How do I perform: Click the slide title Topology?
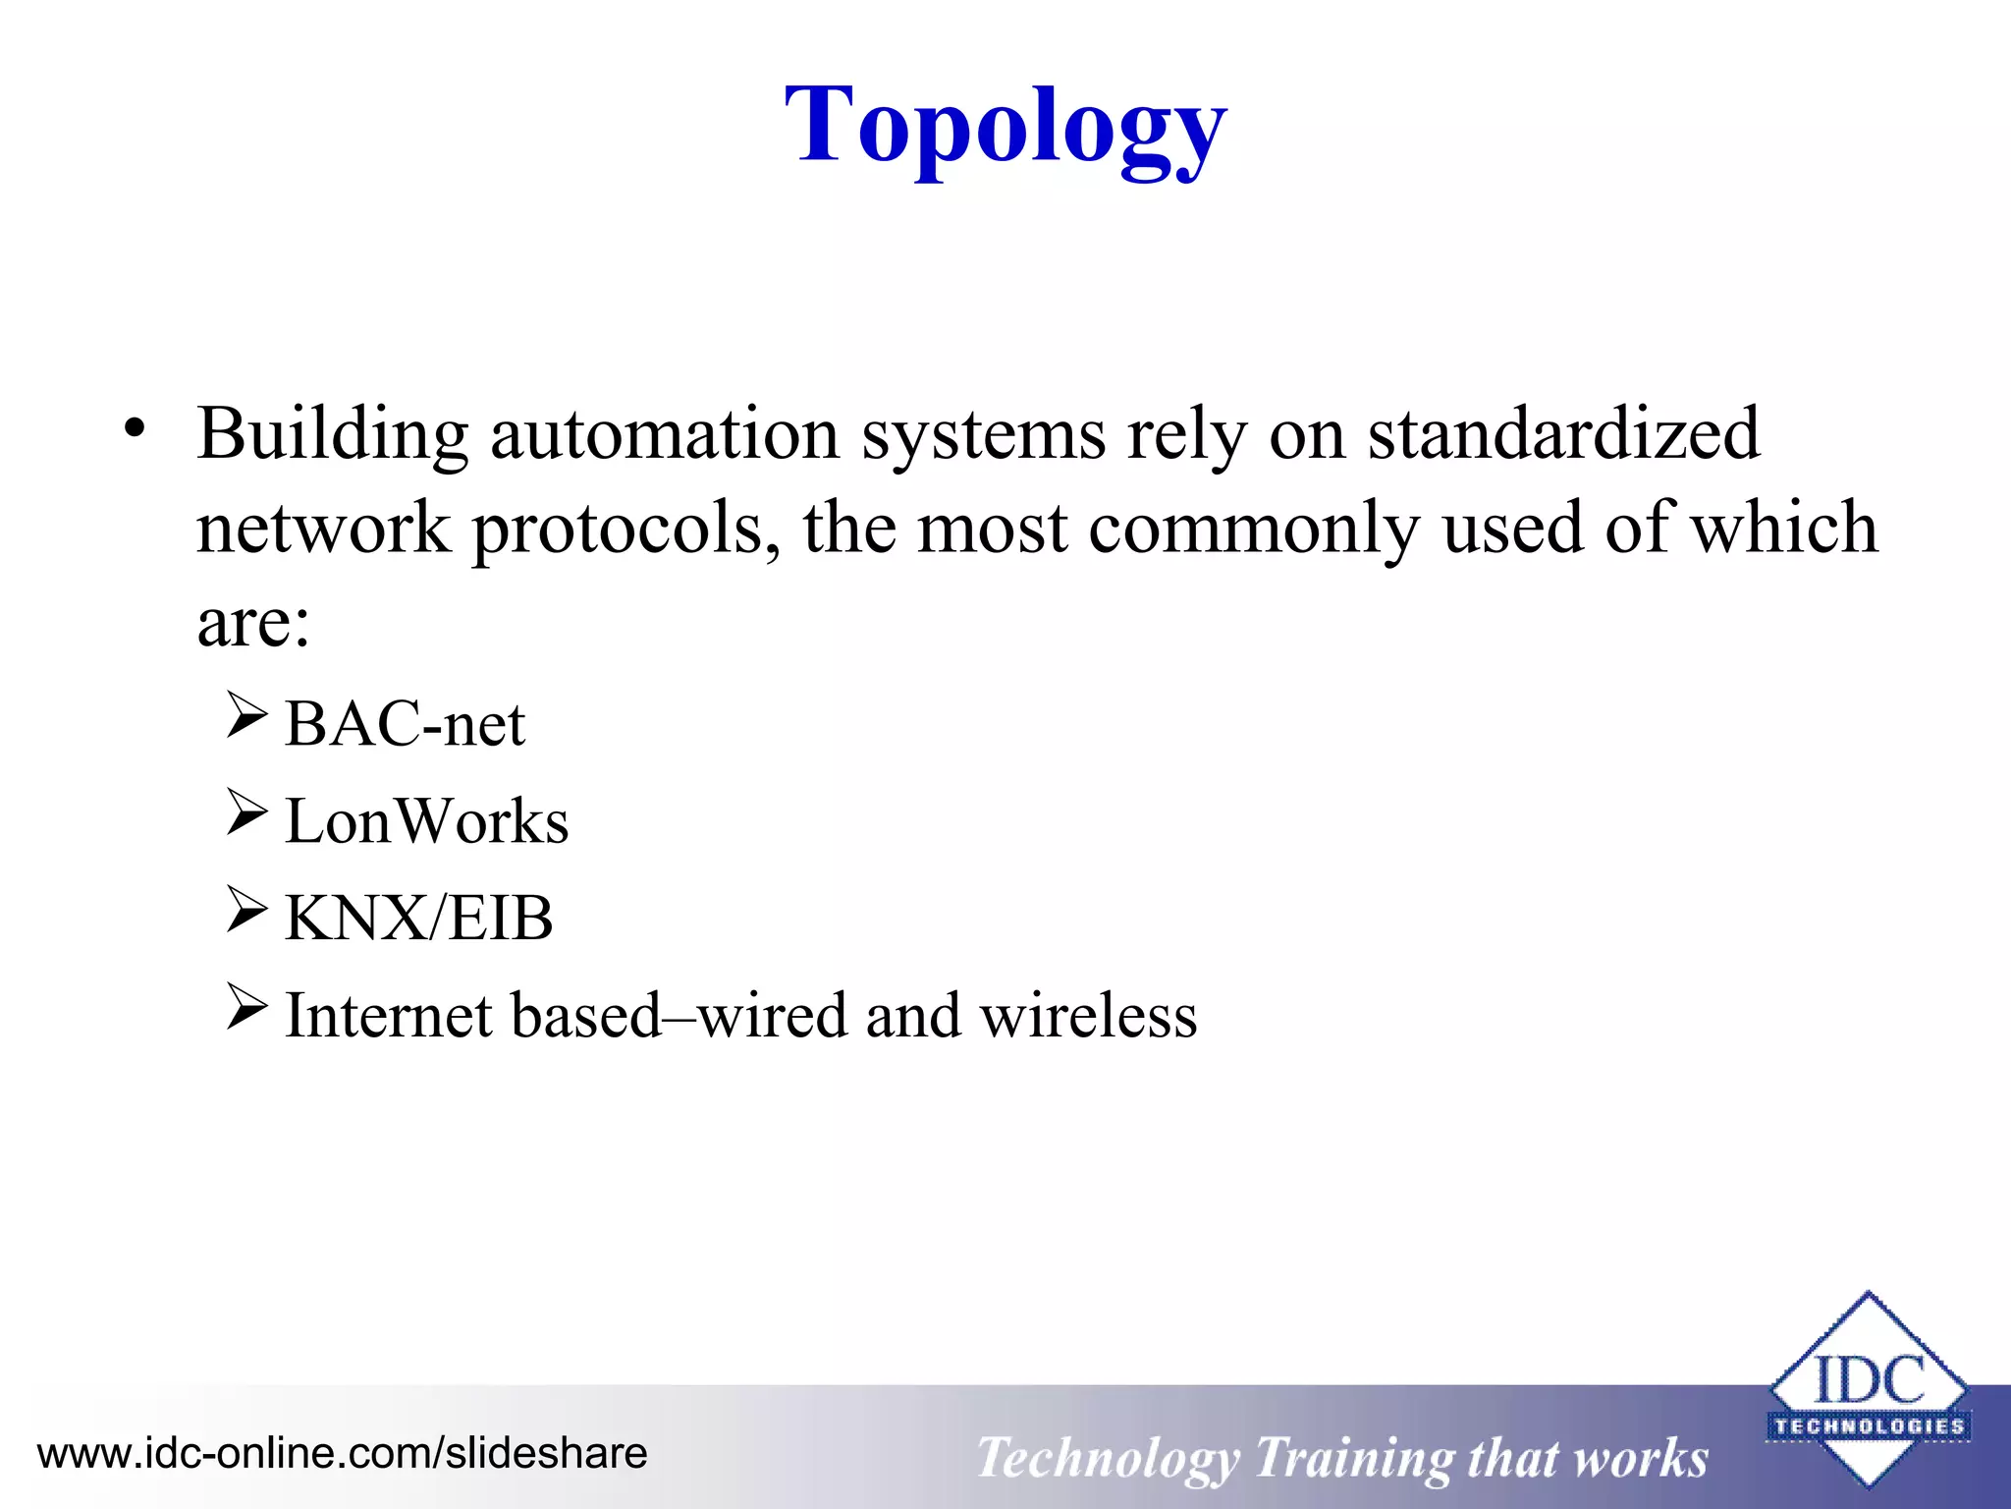click(1005, 128)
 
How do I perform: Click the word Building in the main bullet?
click(332, 434)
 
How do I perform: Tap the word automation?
click(665, 434)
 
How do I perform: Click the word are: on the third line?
click(253, 624)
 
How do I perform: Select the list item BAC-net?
click(405, 725)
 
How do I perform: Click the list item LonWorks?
click(426, 821)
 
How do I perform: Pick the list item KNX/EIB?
click(418, 919)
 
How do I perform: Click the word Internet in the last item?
click(388, 1016)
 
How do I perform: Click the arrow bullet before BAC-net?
click(245, 715)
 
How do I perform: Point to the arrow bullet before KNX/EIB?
click(245, 909)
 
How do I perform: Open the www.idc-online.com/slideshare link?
click(342, 1453)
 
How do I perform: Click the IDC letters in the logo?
click(1869, 1379)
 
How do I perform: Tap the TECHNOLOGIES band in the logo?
click(1869, 1426)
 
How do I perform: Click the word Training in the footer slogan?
click(1352, 1459)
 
